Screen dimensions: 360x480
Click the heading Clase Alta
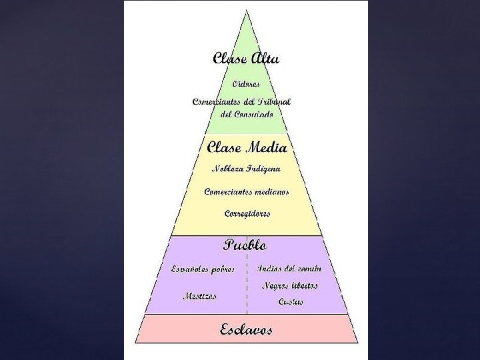[x=246, y=58]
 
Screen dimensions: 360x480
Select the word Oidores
[x=246, y=85]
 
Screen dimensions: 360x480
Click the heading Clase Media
[x=247, y=147]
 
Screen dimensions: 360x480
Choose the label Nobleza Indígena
[x=246, y=168]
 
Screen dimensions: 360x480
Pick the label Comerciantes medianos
[x=247, y=191]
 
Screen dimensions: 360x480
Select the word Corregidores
[x=247, y=214]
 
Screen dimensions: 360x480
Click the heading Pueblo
[x=245, y=245]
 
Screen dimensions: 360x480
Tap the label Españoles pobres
[x=202, y=269]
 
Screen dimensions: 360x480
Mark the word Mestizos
[x=200, y=296]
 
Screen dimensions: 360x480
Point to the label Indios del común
[x=289, y=269]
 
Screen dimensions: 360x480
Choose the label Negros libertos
[x=290, y=285]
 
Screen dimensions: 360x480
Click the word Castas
[x=291, y=302]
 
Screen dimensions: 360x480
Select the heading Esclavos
[x=246, y=329]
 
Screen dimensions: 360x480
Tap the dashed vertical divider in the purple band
[x=247, y=287]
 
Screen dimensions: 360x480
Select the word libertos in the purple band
[x=304, y=285]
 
